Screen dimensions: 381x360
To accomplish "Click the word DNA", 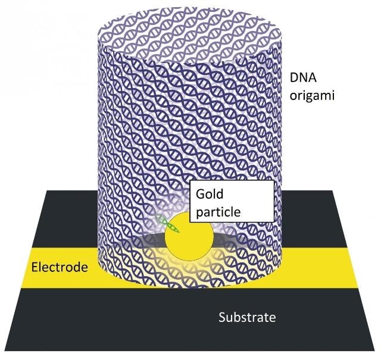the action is coord(303,78).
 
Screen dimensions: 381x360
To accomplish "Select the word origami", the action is coord(312,95).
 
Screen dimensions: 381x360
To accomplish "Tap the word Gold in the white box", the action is coord(210,194).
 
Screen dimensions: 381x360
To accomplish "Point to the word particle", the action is coord(218,212).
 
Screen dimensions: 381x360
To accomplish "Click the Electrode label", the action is coord(60,267).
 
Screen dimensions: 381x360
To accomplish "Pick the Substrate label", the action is coord(247,317).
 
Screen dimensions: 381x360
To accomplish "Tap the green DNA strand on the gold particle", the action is coord(167,224).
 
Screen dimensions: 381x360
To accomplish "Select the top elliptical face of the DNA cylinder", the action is coord(189,34).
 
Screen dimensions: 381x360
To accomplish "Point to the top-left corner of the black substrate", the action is coord(46,190).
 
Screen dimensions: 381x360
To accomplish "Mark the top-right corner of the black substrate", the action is coord(332,190).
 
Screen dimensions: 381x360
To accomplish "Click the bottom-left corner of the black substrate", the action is coord(4,350).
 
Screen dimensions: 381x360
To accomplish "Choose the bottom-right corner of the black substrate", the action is coord(375,350).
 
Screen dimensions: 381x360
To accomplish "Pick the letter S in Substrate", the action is coord(222,317).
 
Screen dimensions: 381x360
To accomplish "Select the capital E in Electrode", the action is coord(35,267).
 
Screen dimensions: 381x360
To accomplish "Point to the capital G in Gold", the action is coord(200,194).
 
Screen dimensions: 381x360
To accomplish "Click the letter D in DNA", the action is coord(294,78).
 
